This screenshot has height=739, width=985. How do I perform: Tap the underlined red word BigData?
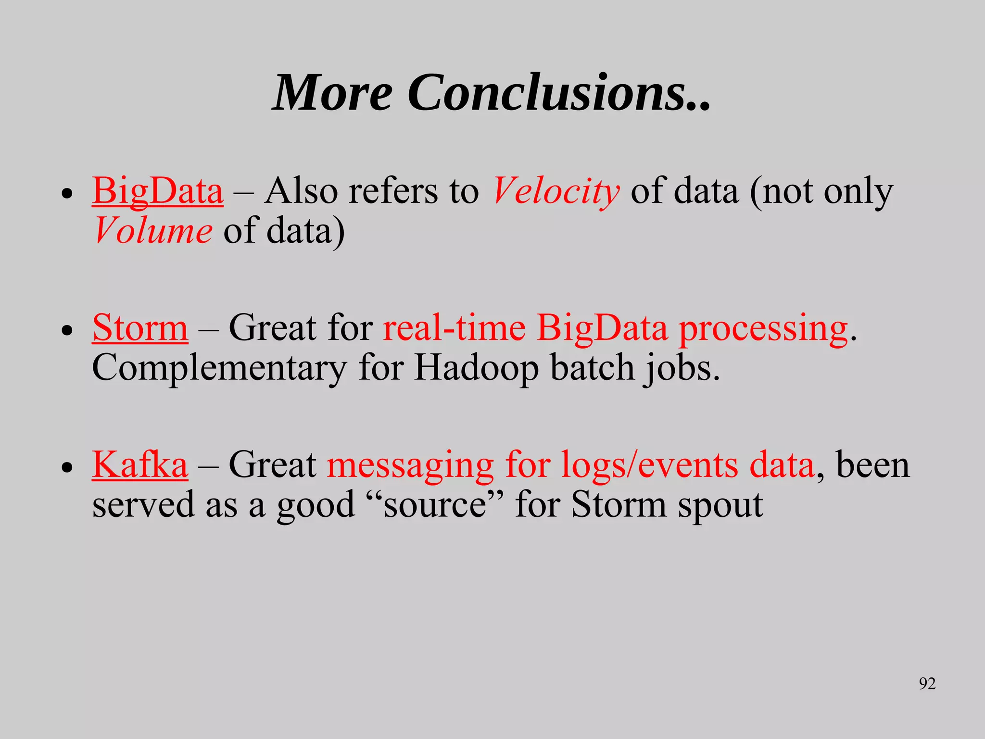tap(158, 191)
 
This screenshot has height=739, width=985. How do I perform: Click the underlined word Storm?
tap(140, 328)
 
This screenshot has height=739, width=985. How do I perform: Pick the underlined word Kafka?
tap(139, 465)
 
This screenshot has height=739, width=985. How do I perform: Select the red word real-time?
tap(454, 328)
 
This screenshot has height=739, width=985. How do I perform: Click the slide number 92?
tap(927, 683)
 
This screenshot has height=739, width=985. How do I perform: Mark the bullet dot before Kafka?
tap(67, 467)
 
